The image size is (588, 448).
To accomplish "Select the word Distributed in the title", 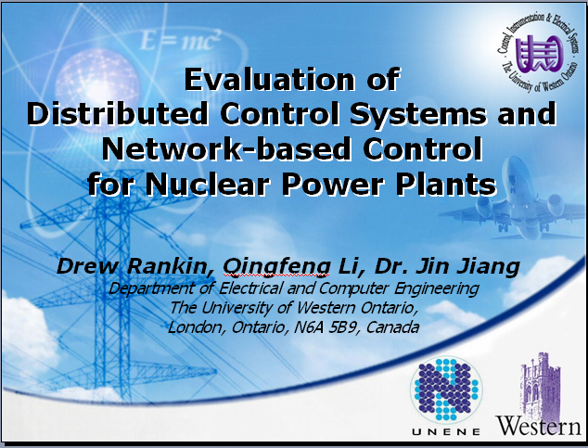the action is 117,113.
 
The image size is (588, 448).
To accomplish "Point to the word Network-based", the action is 229,148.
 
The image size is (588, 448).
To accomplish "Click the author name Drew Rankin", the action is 132,266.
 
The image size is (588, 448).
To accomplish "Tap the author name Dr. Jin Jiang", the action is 447,267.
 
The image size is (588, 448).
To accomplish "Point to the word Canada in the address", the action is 392,327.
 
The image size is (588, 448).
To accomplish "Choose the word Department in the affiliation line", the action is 153,288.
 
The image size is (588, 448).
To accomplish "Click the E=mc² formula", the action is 180,40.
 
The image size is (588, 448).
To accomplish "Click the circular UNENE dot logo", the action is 446,389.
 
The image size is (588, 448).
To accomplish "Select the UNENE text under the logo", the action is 446,431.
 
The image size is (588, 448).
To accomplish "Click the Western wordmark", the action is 539,426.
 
